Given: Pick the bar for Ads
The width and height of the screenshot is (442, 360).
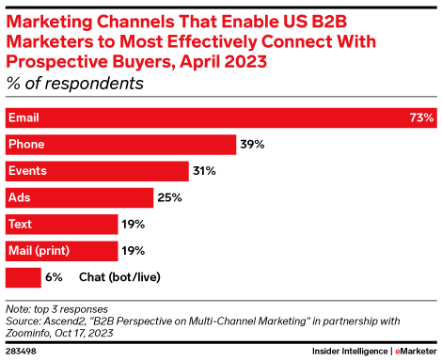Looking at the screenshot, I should (79, 197).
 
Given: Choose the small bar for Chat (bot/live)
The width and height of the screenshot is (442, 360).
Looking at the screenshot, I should (23, 277).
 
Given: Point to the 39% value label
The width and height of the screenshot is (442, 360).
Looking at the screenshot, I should (252, 145).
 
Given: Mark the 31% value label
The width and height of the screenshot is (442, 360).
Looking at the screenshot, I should (205, 171).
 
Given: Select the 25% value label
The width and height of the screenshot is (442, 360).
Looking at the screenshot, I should (169, 197).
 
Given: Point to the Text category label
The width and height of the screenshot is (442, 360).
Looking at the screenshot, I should (21, 225).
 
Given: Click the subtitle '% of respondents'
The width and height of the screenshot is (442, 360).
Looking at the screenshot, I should (75, 83).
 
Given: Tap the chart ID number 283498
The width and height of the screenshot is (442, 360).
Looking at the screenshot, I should (22, 350).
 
